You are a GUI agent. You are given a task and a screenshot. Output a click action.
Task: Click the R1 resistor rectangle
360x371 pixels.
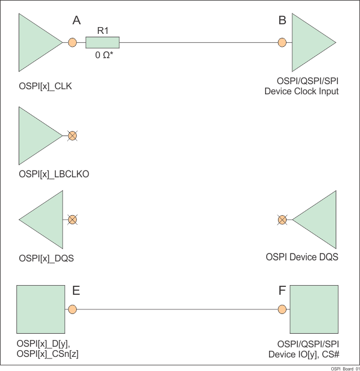[102, 42]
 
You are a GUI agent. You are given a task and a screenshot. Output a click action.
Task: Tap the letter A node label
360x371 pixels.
[77, 21]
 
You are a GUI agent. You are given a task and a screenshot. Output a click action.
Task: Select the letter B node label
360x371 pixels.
[282, 21]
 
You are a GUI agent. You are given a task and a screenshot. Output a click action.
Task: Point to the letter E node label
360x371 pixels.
[76, 291]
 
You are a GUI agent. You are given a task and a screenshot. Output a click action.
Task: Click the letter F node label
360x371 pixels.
[282, 291]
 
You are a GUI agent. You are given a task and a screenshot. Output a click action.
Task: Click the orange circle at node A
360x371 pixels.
[72, 42]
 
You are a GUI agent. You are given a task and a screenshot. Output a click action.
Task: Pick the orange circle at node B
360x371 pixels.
[282, 42]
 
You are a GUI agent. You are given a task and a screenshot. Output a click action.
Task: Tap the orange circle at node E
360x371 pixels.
[72, 309]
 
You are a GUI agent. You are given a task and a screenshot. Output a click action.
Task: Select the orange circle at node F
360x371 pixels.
[282, 309]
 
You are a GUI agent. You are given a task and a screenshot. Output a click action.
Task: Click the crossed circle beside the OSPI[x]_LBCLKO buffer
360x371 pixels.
[72, 136]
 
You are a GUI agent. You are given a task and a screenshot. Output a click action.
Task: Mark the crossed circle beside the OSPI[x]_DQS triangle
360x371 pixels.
[72, 220]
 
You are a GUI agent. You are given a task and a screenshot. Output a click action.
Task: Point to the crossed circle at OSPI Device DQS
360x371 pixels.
[282, 220]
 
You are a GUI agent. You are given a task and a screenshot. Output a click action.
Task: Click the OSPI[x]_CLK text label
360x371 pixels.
[45, 86]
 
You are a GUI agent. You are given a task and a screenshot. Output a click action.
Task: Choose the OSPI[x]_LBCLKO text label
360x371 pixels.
[54, 174]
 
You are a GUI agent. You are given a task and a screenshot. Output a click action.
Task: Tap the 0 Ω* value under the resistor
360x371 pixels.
[103, 56]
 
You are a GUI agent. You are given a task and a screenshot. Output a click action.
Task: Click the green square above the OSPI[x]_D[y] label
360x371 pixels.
[40, 309]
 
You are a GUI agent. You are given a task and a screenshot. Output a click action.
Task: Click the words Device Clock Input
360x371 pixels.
[301, 91]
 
